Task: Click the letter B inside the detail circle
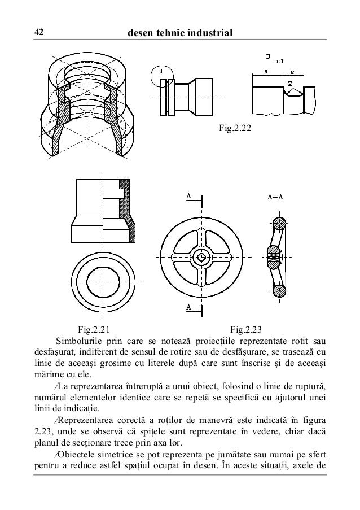[160, 71]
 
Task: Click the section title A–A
[275, 198]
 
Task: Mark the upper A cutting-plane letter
[190, 196]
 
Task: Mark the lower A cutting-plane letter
[190, 307]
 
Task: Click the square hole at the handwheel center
[201, 258]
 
